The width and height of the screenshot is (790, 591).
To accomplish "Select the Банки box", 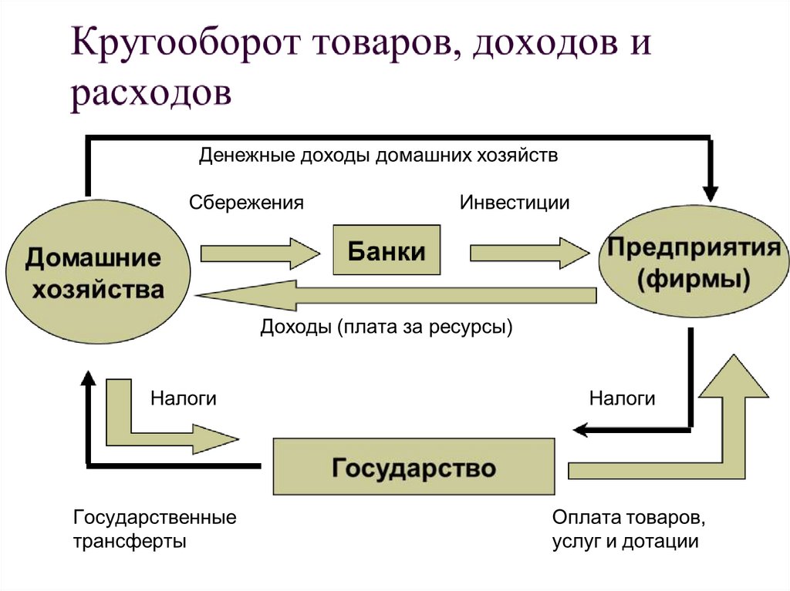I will point(386,250).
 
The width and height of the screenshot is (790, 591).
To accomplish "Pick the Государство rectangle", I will point(414,466).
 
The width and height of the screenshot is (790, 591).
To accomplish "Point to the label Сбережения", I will point(246,203).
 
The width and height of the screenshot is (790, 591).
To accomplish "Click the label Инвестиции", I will point(515,203).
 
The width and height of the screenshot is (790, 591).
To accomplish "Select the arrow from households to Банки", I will point(259,252).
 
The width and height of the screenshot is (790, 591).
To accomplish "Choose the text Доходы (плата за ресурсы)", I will point(386,327).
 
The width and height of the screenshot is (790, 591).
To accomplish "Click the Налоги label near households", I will point(183,398).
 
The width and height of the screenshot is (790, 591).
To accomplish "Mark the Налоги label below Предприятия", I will point(622,398).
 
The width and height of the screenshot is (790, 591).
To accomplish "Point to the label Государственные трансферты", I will point(154,528).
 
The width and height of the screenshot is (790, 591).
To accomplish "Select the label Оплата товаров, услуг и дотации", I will point(626,528).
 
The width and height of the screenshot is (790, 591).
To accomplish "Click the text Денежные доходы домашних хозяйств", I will point(378,155).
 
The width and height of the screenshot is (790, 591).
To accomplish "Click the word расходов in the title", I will point(150,95).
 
